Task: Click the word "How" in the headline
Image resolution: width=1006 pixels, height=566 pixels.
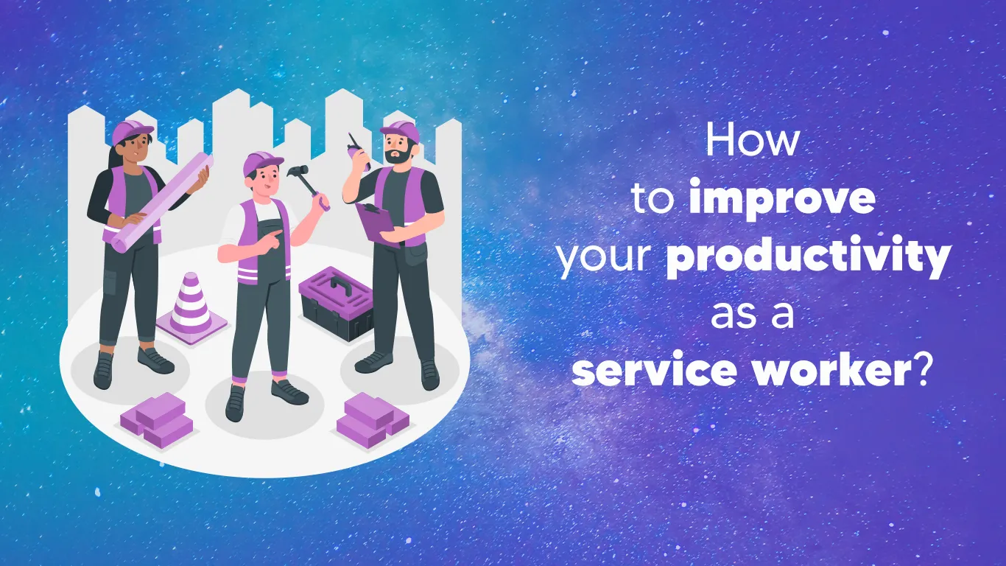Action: tap(752, 140)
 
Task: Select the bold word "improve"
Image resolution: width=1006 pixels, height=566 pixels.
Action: tap(782, 198)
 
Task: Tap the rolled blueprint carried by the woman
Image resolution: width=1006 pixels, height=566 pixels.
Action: tap(162, 202)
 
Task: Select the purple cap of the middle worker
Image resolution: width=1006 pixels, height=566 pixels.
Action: tap(262, 162)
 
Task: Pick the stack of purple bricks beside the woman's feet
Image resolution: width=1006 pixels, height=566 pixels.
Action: tap(156, 420)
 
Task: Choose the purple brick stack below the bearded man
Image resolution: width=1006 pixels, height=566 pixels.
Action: tap(373, 420)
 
